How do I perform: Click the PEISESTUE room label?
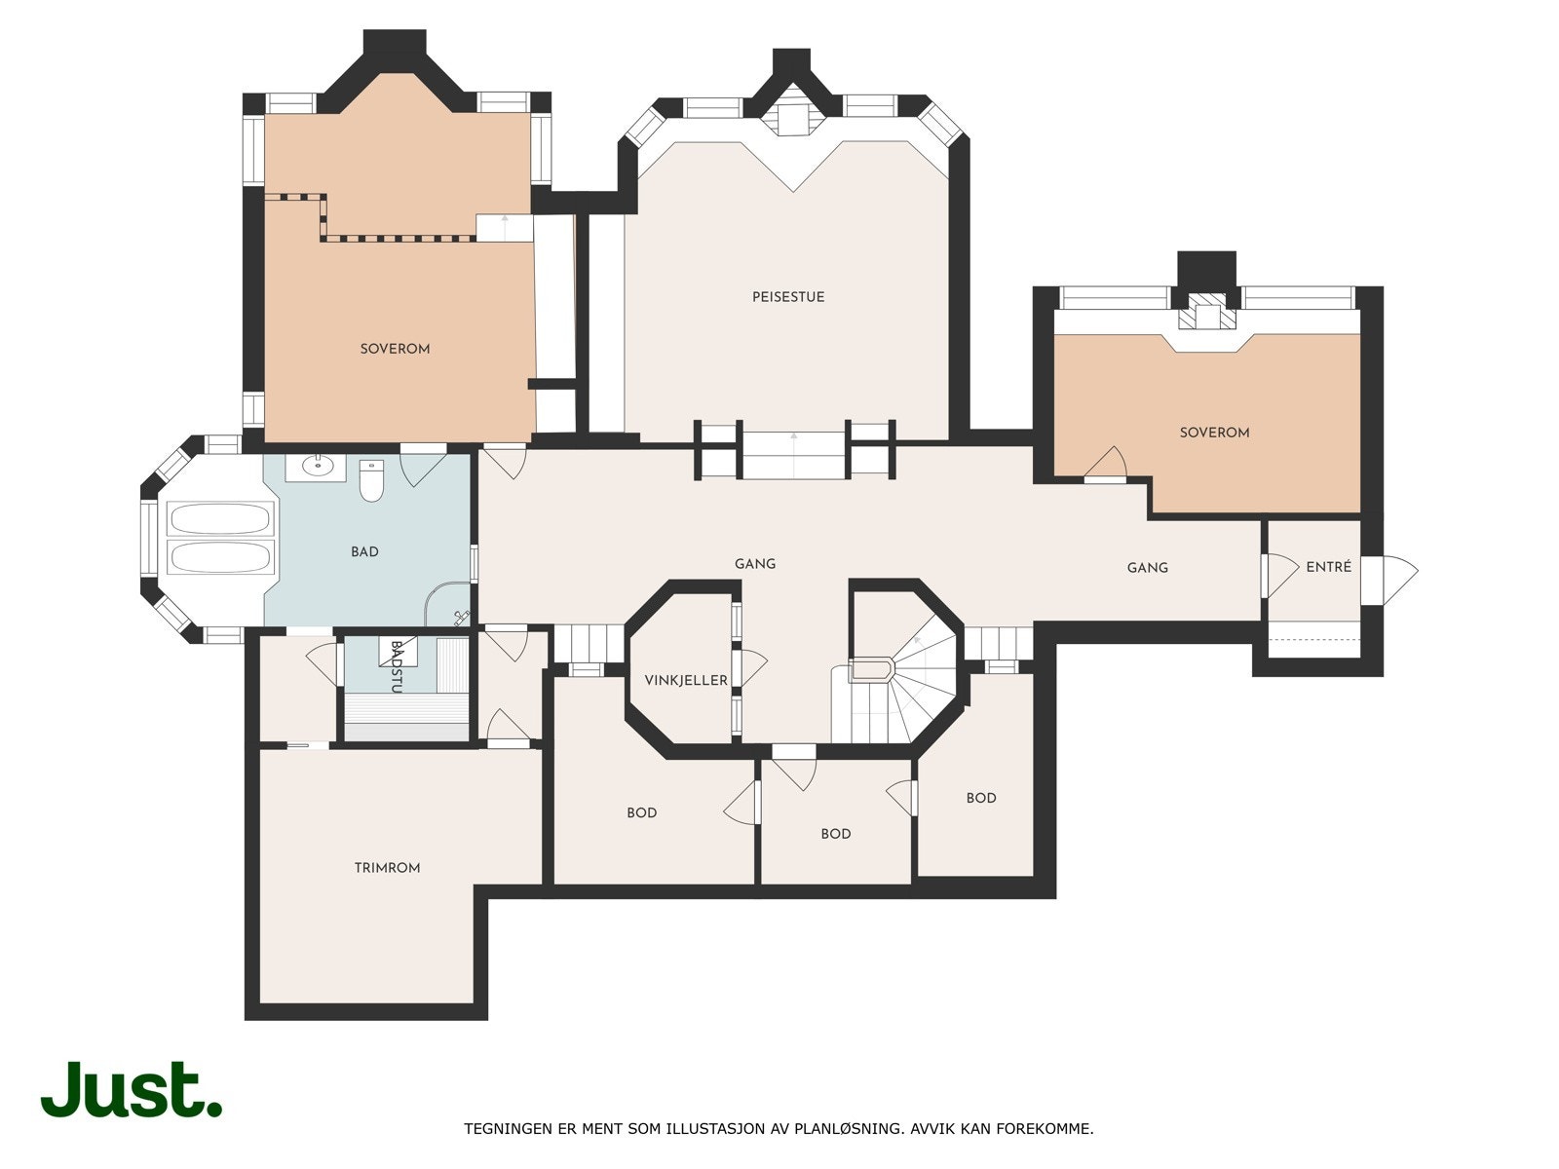point(787,297)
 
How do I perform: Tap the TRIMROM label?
point(387,868)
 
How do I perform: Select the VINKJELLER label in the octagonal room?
point(686,680)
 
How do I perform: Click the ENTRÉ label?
point(1328,567)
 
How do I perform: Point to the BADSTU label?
point(396,666)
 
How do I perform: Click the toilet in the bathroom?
point(371,481)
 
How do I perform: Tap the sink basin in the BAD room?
point(316,467)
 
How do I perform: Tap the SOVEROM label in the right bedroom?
point(1214,433)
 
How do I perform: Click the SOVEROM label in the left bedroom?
point(395,349)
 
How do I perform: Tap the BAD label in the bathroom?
point(364,552)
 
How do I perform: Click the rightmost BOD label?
point(980,798)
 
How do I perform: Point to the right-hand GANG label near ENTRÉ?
point(1147,568)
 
